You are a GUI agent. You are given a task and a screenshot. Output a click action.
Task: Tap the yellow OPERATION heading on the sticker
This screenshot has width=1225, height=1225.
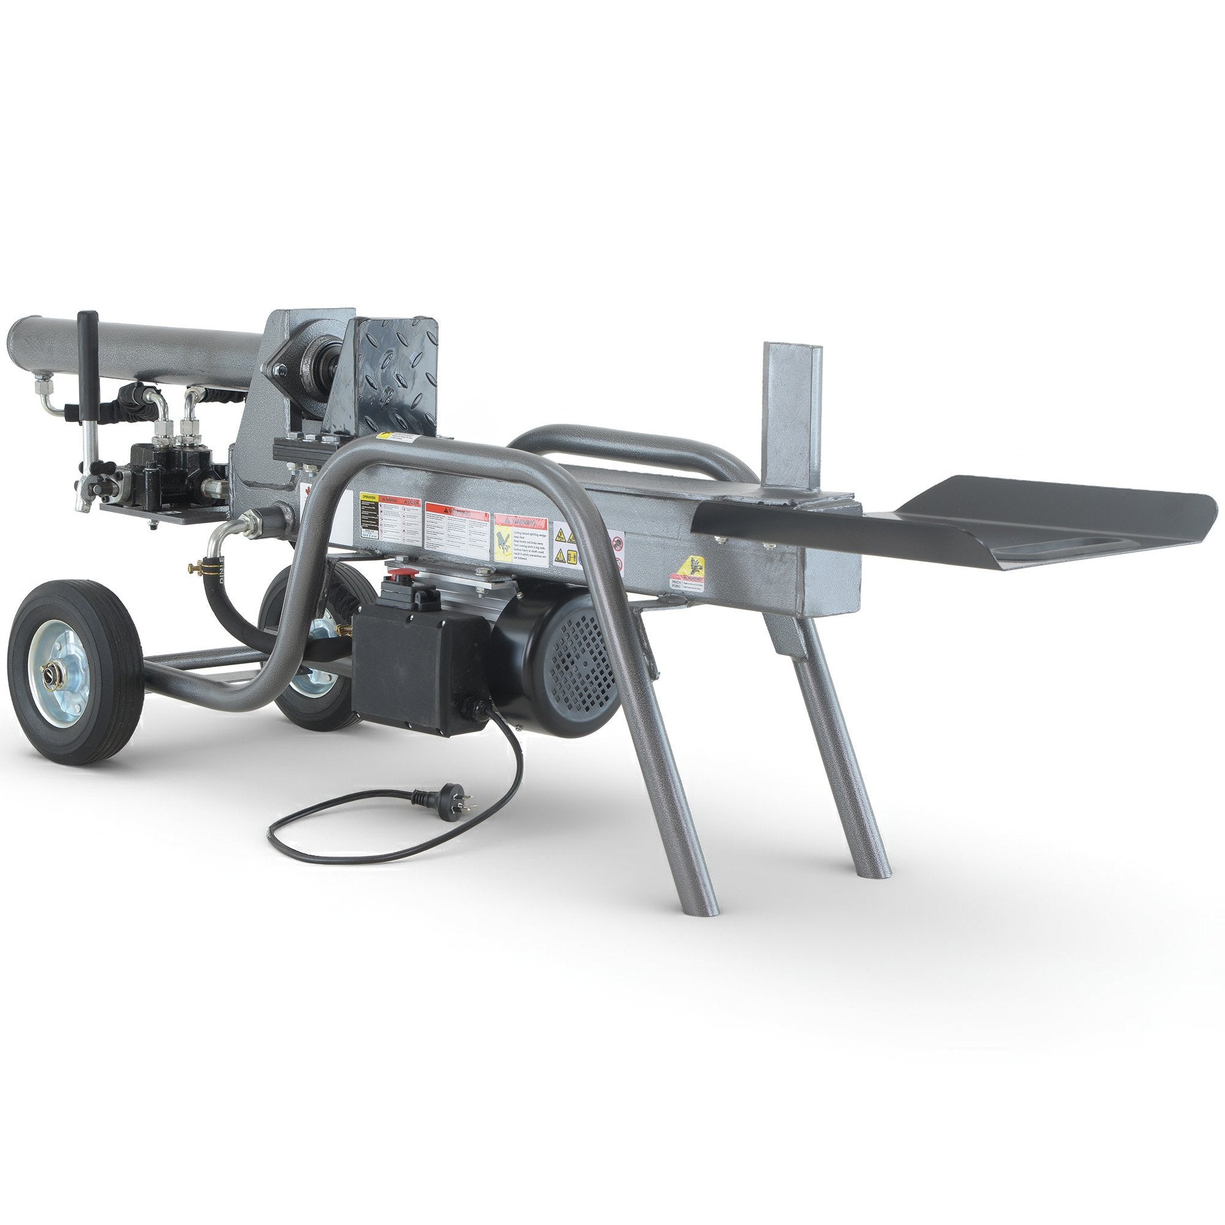pos(368,498)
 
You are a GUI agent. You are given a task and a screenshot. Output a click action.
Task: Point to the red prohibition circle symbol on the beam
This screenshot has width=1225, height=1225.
pos(617,542)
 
